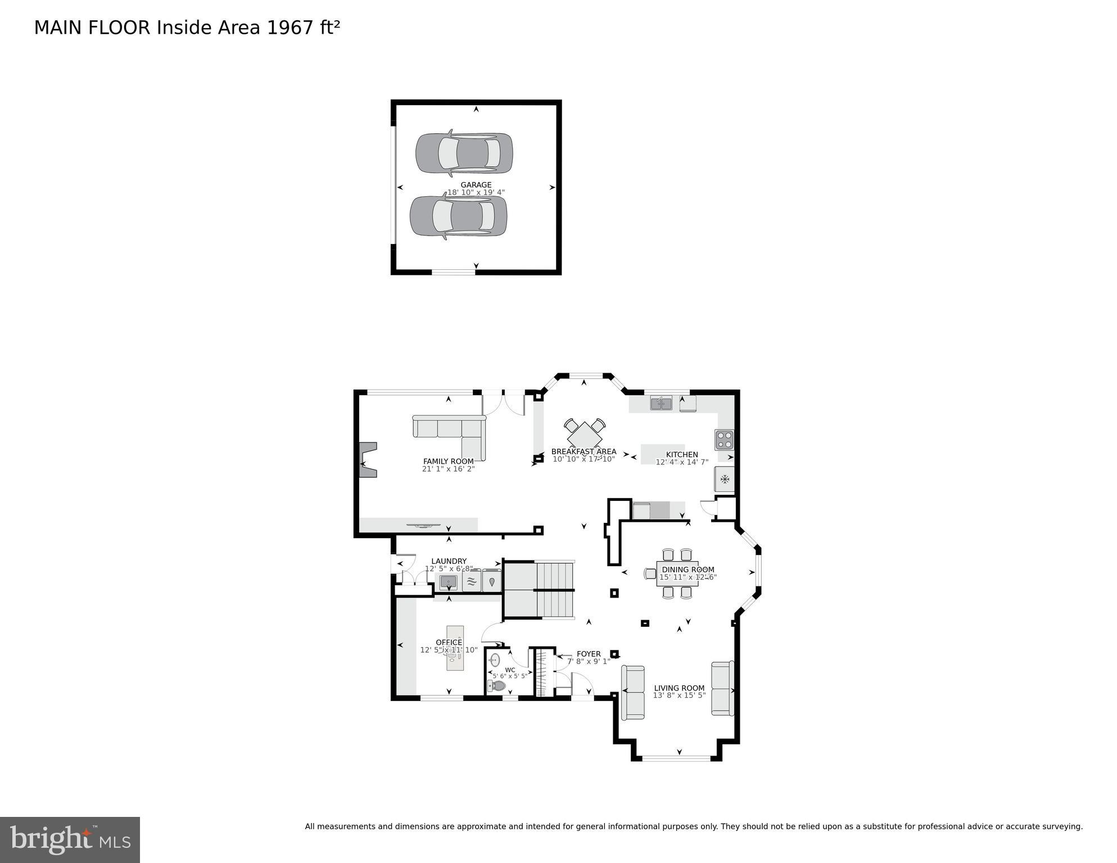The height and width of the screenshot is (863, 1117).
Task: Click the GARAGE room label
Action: (x=476, y=185)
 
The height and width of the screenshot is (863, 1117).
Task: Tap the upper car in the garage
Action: (x=464, y=153)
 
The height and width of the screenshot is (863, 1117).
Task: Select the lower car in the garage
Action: (x=458, y=216)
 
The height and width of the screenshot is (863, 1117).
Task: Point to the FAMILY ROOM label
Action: (x=448, y=462)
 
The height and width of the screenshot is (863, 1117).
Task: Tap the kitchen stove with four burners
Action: (x=723, y=440)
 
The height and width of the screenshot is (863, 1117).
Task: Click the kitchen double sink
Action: (x=661, y=403)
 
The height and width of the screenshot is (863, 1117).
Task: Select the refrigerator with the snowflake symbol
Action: (x=724, y=480)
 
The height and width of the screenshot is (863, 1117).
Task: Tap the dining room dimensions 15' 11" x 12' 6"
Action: (x=688, y=577)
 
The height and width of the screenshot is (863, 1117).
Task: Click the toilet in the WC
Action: (x=498, y=685)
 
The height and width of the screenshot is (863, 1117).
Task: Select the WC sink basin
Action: (x=495, y=659)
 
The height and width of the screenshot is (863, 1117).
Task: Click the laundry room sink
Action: (x=448, y=582)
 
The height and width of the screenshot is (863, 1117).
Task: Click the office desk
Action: (x=455, y=648)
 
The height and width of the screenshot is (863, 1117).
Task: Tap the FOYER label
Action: (x=589, y=654)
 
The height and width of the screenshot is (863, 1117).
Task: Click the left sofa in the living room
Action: (x=632, y=693)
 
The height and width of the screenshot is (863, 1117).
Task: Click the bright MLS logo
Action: (x=70, y=840)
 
